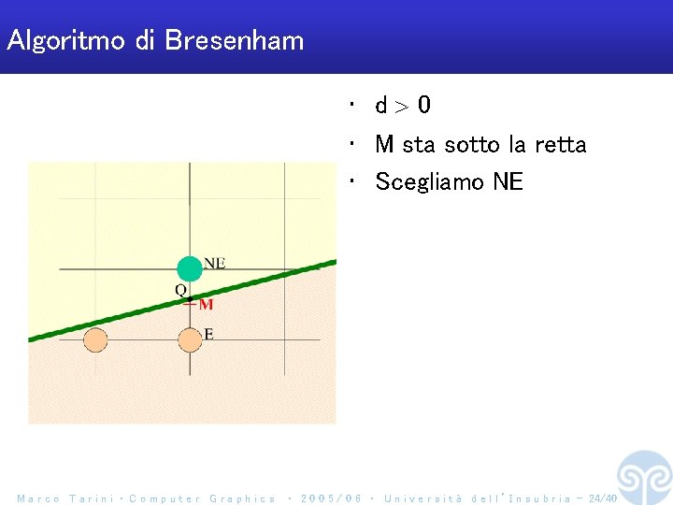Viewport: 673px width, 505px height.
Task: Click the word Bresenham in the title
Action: (235, 41)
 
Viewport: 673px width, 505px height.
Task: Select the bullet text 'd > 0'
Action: (403, 106)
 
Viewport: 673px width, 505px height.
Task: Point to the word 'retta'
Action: (560, 145)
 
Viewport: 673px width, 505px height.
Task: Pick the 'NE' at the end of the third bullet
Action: (508, 182)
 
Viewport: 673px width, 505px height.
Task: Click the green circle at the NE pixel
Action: (190, 268)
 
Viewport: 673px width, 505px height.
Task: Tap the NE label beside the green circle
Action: (214, 263)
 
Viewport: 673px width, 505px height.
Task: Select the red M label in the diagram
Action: (206, 304)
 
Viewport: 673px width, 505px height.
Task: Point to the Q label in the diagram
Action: (181, 290)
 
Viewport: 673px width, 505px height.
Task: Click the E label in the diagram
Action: (208, 334)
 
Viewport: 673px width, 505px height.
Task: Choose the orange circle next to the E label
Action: (190, 341)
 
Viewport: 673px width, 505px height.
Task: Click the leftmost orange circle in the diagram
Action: (95, 341)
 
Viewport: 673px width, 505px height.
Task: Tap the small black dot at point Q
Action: (190, 299)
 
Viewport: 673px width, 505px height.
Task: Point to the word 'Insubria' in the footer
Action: (539, 498)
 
